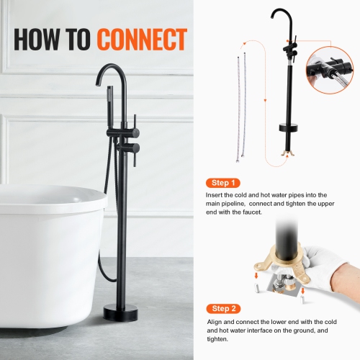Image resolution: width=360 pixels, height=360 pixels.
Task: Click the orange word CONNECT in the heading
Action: click(x=143, y=40)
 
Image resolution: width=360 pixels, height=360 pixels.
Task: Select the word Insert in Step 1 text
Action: click(x=215, y=195)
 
